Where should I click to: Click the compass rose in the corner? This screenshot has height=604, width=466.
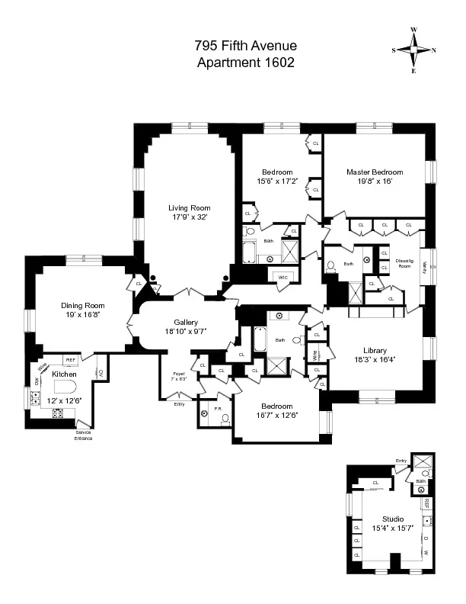coord(414,50)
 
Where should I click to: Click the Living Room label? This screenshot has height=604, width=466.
coord(190,207)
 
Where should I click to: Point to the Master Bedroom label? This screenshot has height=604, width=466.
coord(375,172)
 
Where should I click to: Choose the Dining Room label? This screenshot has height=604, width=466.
coord(83,306)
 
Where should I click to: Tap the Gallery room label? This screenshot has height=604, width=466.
coord(186,322)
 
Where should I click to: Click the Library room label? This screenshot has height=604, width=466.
coord(373,351)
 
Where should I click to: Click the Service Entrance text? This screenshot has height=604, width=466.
coord(83,435)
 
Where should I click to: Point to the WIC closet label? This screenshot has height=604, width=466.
coord(283,276)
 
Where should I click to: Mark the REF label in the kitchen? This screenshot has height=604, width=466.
coord(70,359)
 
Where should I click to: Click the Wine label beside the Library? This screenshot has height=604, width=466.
coord(314,354)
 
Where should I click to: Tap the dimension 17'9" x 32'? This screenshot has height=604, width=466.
coord(190,217)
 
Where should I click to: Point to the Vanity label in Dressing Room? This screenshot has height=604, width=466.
coord(425,266)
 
